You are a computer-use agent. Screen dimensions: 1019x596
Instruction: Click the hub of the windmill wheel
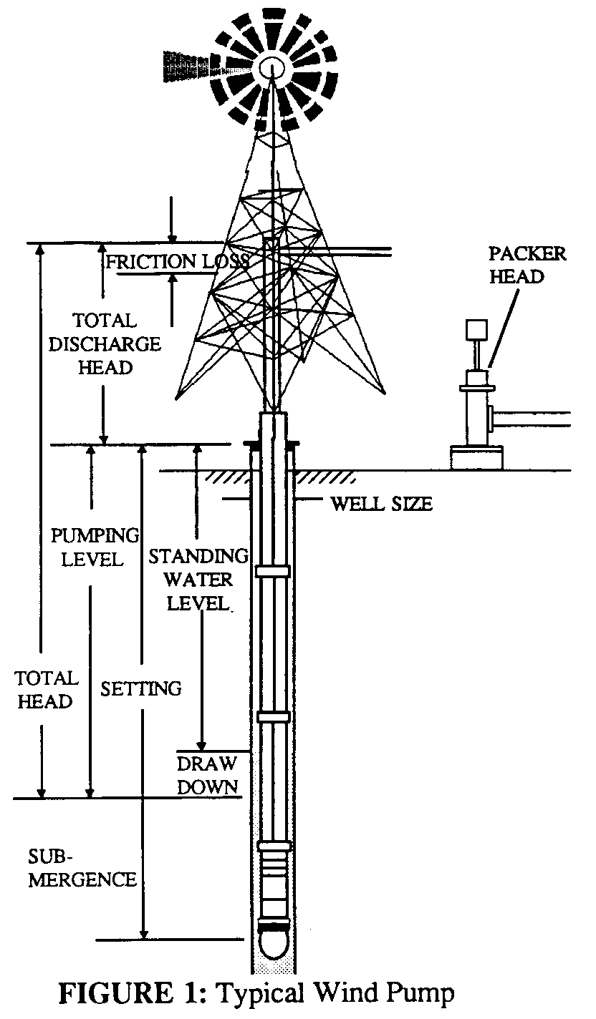[273, 67]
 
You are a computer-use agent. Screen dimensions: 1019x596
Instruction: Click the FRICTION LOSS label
[177, 261]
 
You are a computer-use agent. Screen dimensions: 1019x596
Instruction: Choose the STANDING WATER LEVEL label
[198, 580]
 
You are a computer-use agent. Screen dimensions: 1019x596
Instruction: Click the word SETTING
[141, 688]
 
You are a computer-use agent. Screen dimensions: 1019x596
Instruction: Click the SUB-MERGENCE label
[82, 867]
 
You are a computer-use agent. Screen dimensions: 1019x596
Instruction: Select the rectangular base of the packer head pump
[476, 457]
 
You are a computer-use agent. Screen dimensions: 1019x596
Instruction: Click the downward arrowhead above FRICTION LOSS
[172, 238]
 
